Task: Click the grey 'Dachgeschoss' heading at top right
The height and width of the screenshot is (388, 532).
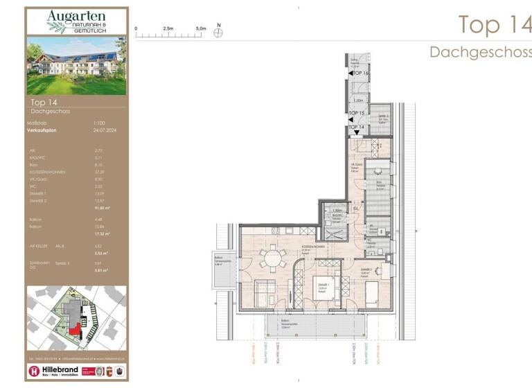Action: point(480,52)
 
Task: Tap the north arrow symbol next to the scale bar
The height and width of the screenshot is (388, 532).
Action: point(218,31)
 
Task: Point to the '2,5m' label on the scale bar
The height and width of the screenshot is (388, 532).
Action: point(168,28)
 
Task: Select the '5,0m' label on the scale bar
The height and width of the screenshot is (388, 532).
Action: point(200,28)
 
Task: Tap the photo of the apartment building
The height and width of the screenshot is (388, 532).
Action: point(77,66)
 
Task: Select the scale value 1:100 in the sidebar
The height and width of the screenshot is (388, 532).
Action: point(100,123)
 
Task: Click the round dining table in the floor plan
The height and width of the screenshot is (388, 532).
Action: point(271,258)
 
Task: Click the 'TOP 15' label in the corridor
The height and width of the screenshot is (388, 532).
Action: point(357,113)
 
